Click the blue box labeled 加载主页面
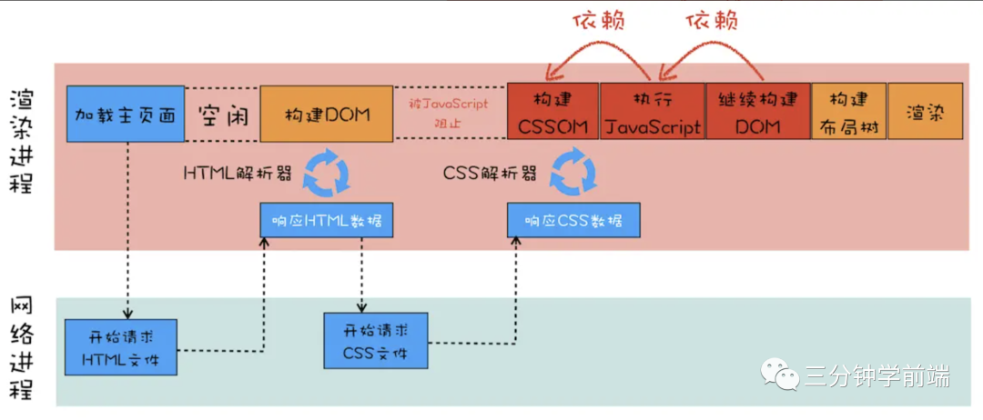(125, 115)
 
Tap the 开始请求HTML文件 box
(121, 346)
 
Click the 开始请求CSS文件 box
(375, 340)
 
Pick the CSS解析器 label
(490, 172)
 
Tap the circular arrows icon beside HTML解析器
(325, 173)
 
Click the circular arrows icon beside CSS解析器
(574, 173)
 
